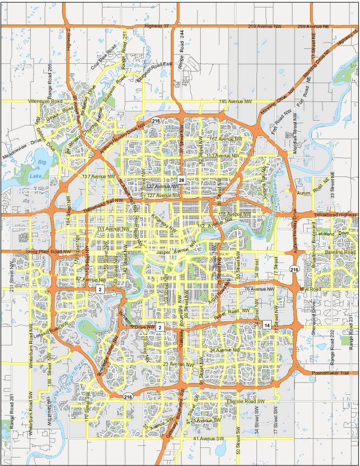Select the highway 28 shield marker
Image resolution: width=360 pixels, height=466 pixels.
181,181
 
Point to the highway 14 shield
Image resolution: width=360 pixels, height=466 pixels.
267,325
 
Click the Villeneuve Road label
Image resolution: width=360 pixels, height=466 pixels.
47,101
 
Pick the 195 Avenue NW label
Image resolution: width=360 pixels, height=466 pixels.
234,101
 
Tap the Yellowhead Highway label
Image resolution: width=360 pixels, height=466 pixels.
335,214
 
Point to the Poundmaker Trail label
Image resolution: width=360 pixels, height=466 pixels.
332,374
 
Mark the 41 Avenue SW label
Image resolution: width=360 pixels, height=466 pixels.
210,438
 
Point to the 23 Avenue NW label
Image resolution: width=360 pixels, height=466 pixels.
178,364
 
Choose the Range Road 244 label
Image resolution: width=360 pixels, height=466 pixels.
181,55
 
